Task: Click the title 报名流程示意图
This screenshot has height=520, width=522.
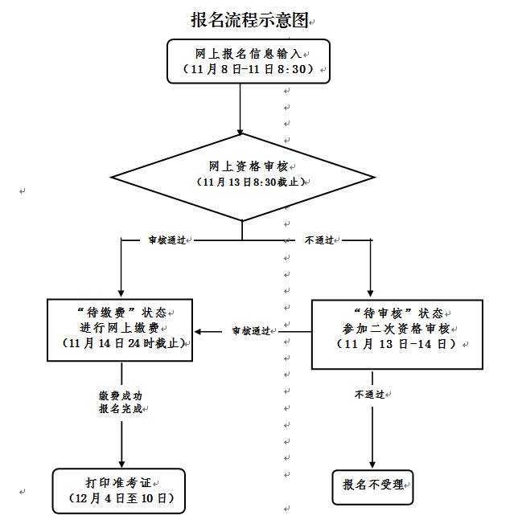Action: (249, 20)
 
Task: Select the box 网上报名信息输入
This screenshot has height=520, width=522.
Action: (249, 53)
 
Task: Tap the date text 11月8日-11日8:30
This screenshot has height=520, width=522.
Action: (249, 70)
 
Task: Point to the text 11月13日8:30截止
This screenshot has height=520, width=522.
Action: (249, 182)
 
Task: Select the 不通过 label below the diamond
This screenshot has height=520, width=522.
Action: (319, 240)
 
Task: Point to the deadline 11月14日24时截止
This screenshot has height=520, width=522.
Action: (124, 343)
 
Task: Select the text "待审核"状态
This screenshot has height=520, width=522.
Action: (397, 312)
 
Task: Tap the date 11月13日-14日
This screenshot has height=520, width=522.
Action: (396, 344)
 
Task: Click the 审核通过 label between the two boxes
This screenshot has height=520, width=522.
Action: (251, 330)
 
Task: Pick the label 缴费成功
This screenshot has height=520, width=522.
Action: (121, 395)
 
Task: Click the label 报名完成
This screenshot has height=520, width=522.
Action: (121, 409)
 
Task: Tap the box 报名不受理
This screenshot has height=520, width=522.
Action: (373, 485)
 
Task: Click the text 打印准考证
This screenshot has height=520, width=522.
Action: (117, 483)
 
